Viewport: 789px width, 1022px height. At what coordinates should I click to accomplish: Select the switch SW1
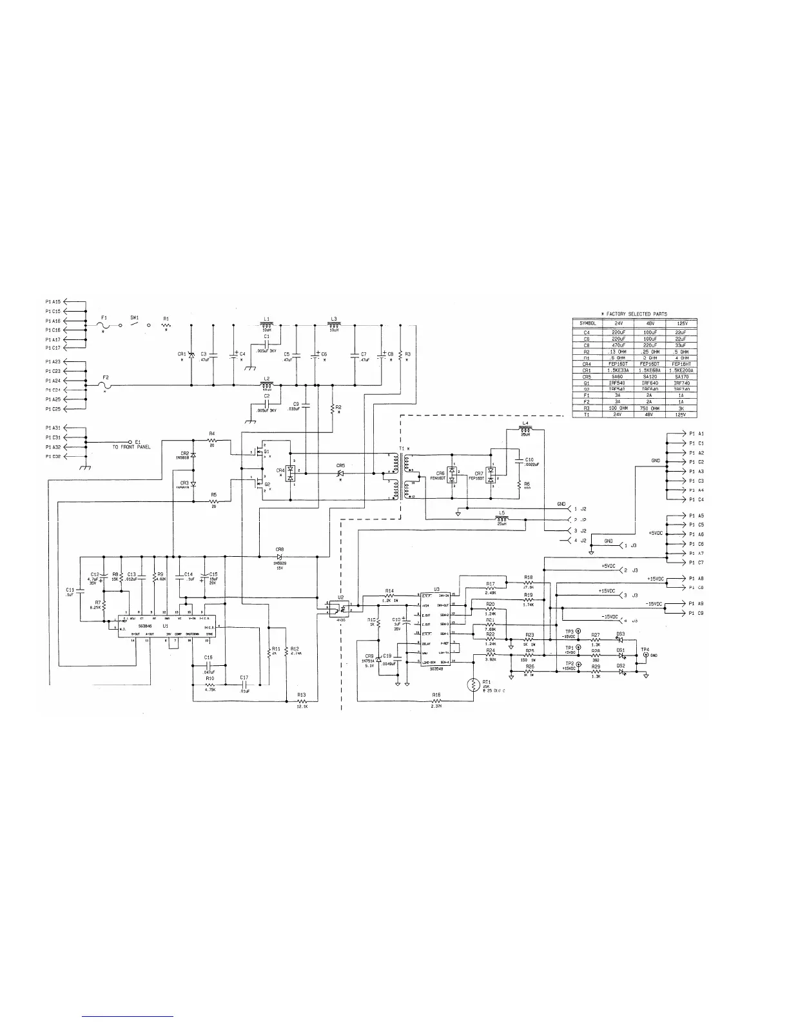point(135,325)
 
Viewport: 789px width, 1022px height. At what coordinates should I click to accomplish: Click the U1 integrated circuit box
point(166,626)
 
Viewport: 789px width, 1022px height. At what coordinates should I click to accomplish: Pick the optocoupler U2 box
point(344,607)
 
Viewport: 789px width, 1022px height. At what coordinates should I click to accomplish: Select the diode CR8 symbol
point(280,556)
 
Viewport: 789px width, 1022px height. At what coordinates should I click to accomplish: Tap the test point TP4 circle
point(645,655)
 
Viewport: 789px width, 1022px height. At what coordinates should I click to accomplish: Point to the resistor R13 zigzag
point(302,701)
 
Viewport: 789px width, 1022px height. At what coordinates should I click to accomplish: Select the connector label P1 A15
point(53,301)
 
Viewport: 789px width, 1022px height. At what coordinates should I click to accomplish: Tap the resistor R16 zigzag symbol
point(437,701)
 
